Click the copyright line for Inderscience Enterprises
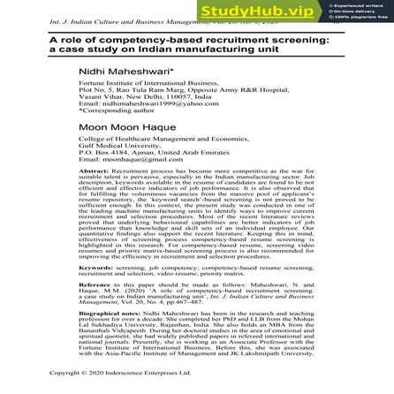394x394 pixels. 133,384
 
